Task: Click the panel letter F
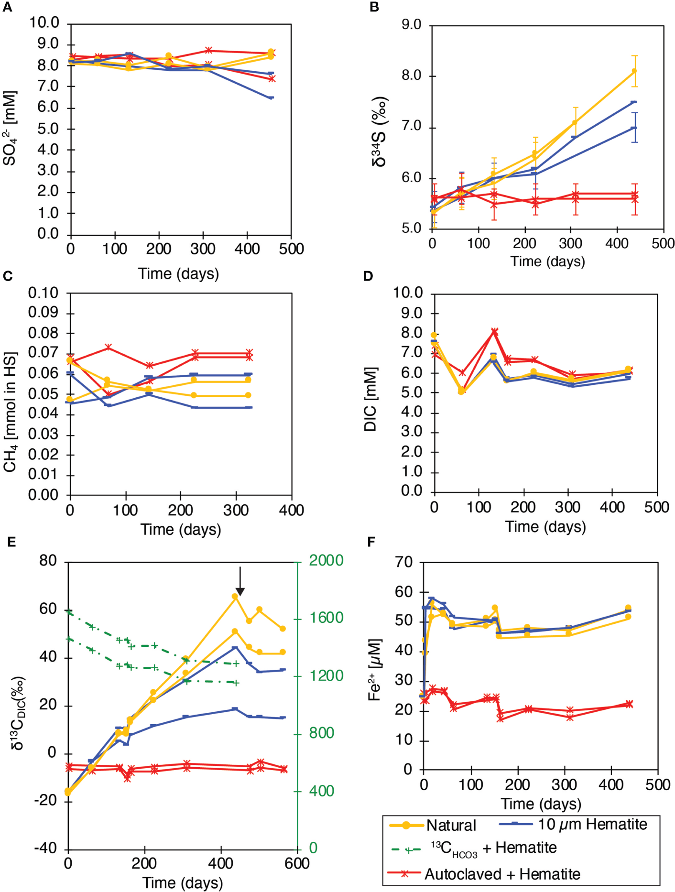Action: click(371, 542)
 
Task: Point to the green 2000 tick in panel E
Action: click(326, 560)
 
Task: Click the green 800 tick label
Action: click(321, 733)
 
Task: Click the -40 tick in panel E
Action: click(45, 848)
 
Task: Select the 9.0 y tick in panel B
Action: click(411, 24)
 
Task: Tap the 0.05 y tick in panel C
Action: click(43, 394)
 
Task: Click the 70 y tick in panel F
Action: click(404, 562)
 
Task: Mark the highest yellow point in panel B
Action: click(634, 71)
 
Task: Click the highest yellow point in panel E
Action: click(235, 596)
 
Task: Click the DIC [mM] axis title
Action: click(371, 399)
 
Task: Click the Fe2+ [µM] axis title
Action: click(375, 670)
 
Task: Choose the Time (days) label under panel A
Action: click(178, 274)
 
